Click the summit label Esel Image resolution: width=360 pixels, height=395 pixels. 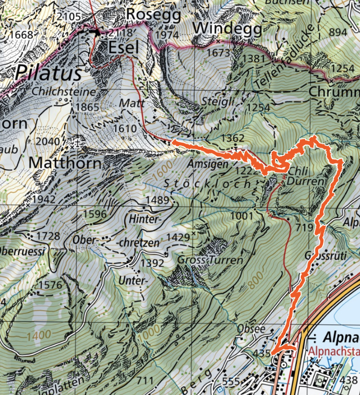[x=123, y=48]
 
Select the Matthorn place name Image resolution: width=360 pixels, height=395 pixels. [x=65, y=163]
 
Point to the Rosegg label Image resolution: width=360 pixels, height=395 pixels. [x=153, y=15]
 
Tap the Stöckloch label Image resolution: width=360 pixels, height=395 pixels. [x=207, y=183]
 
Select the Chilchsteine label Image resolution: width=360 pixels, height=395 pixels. [x=64, y=91]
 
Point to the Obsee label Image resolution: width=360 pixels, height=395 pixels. [x=251, y=329]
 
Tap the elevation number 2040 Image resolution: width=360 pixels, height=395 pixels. [x=51, y=141]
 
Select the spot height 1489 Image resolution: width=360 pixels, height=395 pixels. [x=158, y=200]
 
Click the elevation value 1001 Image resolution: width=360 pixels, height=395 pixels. [x=241, y=216]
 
